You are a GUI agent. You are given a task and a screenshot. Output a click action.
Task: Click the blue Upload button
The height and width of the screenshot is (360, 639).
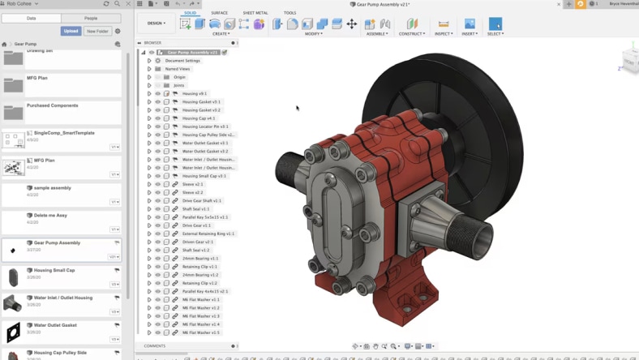pos(71,31)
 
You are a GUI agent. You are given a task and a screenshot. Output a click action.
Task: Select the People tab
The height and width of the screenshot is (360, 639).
pos(91,18)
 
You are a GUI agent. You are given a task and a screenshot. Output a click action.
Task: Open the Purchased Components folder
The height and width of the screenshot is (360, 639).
pos(53,105)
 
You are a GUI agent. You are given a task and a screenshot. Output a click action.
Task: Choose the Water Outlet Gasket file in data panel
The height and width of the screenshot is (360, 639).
pos(55,325)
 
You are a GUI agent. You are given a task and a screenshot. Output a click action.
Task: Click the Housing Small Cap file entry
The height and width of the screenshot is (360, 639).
pos(54,270)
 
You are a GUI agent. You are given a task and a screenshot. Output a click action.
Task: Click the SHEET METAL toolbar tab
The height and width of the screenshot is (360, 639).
pos(255,13)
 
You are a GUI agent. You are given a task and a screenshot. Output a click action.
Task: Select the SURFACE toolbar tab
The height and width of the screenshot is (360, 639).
pos(219,13)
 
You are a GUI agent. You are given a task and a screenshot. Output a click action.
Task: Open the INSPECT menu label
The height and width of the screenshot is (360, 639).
pos(444,34)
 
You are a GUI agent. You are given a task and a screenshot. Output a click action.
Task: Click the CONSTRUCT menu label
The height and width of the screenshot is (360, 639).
pos(412,34)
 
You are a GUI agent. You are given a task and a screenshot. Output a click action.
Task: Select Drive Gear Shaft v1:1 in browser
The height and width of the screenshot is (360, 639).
pos(202,200)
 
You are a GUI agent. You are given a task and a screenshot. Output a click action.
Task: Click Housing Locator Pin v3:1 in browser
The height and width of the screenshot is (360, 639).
pos(205,126)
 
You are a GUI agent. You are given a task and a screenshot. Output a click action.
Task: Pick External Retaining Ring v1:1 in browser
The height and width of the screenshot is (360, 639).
pos(208,234)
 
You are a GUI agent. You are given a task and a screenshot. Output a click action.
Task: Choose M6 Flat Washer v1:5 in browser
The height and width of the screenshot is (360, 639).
pos(201,332)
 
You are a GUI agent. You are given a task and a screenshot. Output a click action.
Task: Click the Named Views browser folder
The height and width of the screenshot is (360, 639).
pos(178,69)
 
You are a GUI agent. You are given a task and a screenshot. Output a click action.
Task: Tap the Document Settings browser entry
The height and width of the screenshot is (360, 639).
pos(182,61)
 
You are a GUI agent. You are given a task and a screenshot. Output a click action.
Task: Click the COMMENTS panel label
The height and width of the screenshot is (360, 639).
pos(155,346)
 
